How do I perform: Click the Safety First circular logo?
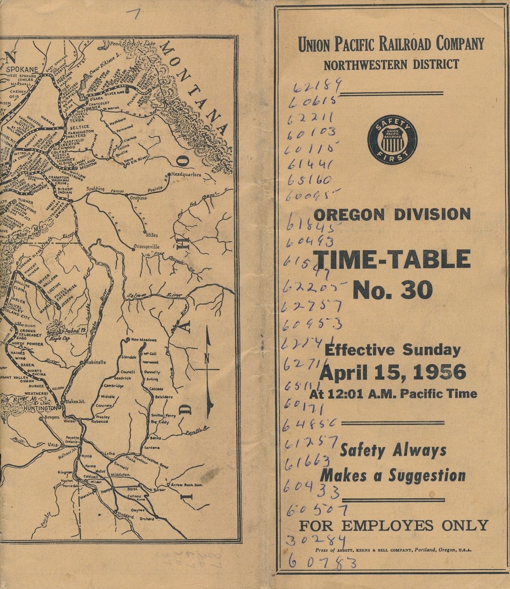click(x=392, y=140)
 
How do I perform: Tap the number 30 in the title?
click(x=416, y=290)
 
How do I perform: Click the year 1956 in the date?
click(x=439, y=372)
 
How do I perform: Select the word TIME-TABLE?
click(x=392, y=260)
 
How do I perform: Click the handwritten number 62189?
click(x=317, y=87)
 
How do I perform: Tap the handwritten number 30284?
click(x=315, y=540)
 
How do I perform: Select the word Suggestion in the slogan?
click(x=427, y=476)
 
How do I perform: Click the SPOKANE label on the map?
click(x=22, y=69)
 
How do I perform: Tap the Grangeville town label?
click(x=146, y=246)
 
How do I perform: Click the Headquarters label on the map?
click(x=186, y=175)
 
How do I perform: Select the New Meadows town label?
click(x=144, y=340)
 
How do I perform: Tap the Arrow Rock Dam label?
click(x=187, y=485)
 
